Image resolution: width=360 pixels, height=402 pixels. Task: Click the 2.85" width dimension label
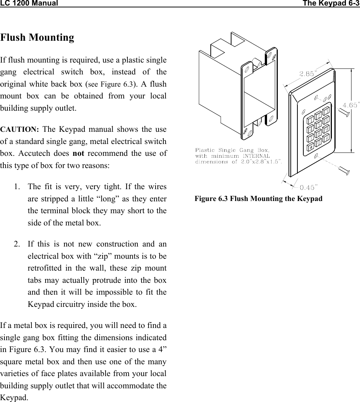(307, 74)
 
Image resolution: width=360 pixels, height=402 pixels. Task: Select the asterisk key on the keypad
(310, 147)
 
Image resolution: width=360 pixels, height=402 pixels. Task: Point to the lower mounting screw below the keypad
(344, 171)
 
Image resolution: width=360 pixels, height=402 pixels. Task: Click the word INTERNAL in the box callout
(256, 156)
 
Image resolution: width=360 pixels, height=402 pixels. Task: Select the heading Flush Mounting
(37, 38)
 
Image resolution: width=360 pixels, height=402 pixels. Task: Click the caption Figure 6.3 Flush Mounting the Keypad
(259, 199)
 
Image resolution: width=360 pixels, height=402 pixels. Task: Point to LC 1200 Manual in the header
(29, 4)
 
